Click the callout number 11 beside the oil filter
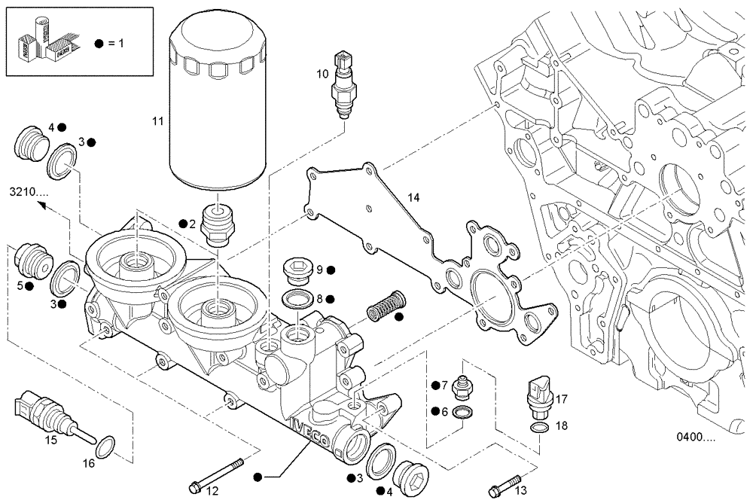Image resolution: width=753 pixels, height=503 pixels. pos(157,120)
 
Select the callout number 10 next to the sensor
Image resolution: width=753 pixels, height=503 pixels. pos(322,74)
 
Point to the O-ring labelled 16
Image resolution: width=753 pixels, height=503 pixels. pos(108,445)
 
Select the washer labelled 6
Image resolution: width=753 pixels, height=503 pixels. pos(465,411)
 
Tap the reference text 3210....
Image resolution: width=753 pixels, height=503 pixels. pos(29,192)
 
